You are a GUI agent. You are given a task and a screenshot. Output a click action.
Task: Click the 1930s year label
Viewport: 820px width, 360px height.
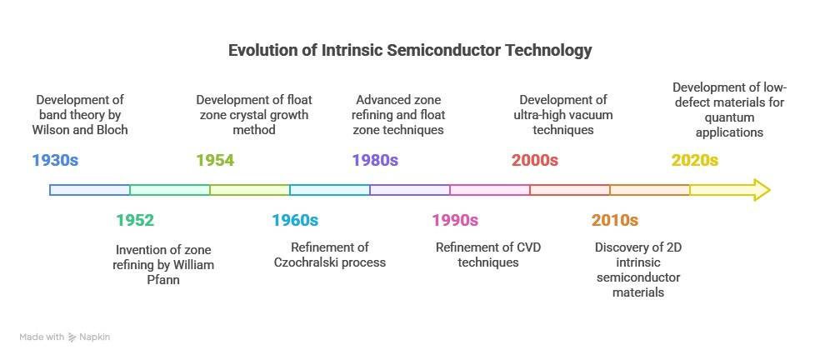point(55,160)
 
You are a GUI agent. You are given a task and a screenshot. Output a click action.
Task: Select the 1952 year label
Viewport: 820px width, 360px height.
point(135,220)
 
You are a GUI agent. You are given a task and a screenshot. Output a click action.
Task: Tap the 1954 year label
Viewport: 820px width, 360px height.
point(215,160)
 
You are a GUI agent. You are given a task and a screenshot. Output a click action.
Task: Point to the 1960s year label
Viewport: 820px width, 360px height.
point(295,220)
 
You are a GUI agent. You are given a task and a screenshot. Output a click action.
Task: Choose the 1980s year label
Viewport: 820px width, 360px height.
point(375,160)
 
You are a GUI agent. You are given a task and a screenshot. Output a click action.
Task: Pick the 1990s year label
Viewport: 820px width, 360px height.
point(455,220)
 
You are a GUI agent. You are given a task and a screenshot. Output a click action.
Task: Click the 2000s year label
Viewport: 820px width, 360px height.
point(535,160)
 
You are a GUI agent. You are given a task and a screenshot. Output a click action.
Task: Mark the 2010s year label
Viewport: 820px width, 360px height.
point(615,220)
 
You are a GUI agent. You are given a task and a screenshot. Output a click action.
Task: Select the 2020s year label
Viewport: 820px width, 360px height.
point(695,160)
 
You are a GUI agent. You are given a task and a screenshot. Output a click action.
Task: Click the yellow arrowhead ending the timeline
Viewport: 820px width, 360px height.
point(759,190)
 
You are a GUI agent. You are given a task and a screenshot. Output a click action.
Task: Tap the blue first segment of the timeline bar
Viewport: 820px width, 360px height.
point(90,190)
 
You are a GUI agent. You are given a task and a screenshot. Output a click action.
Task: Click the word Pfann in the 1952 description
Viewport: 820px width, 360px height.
point(163,279)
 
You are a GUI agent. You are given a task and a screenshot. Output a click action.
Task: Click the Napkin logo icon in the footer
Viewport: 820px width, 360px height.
point(72,337)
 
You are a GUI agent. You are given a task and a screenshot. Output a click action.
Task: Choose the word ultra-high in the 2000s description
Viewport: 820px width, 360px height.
point(544,115)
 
